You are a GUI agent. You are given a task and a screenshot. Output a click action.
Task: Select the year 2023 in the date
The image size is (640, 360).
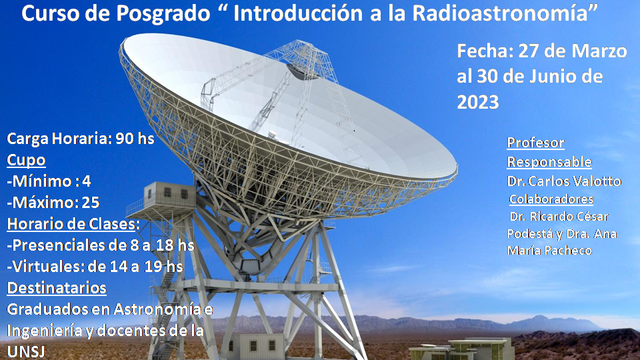click(x=477, y=101)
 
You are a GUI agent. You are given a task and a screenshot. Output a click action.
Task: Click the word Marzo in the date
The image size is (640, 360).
click(x=593, y=51)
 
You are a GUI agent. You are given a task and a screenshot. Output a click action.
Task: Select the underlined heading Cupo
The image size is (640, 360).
click(x=26, y=161)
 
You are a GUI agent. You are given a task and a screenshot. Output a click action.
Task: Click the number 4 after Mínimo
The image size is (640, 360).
click(x=87, y=181)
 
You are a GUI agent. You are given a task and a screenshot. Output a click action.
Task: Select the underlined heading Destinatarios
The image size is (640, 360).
click(x=57, y=288)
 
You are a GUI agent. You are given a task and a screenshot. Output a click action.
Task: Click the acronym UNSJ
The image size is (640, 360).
click(x=25, y=351)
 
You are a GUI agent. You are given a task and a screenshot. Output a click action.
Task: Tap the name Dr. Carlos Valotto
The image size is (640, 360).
click(x=564, y=181)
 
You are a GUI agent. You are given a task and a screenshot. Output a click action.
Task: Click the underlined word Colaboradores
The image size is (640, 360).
click(x=551, y=199)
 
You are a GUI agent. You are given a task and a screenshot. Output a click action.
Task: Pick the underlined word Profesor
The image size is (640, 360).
click(x=535, y=143)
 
